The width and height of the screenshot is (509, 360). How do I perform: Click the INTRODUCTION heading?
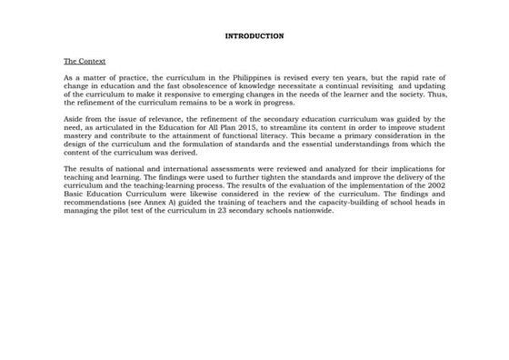(x=254, y=36)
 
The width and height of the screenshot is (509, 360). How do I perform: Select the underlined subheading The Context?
(x=85, y=61)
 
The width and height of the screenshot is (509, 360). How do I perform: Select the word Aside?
(x=74, y=119)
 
